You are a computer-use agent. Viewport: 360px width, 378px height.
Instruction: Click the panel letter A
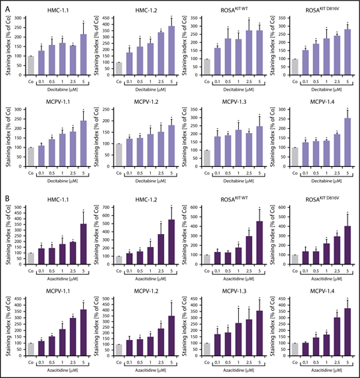click(x=5, y=6)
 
